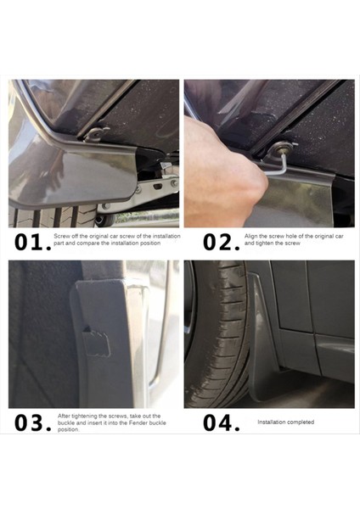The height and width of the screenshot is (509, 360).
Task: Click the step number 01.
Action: tap(33, 243)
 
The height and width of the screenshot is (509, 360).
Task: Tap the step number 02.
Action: tap(222, 243)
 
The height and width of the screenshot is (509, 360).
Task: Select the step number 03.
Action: tap(33, 422)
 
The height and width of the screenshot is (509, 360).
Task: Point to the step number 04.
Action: tap(222, 422)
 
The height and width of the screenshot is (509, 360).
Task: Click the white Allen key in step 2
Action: tap(281, 165)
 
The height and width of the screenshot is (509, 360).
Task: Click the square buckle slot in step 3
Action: tap(95, 342)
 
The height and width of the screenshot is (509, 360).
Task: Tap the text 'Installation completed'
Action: tap(286, 422)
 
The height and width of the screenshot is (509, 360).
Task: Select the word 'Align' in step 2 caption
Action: tap(251, 237)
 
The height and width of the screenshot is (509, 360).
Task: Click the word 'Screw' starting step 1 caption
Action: tap(62, 236)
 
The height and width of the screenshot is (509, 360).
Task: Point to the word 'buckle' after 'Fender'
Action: tap(158, 422)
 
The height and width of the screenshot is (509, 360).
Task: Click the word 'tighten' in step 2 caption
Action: tap(264, 243)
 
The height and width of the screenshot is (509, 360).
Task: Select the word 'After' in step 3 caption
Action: tap(64, 416)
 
